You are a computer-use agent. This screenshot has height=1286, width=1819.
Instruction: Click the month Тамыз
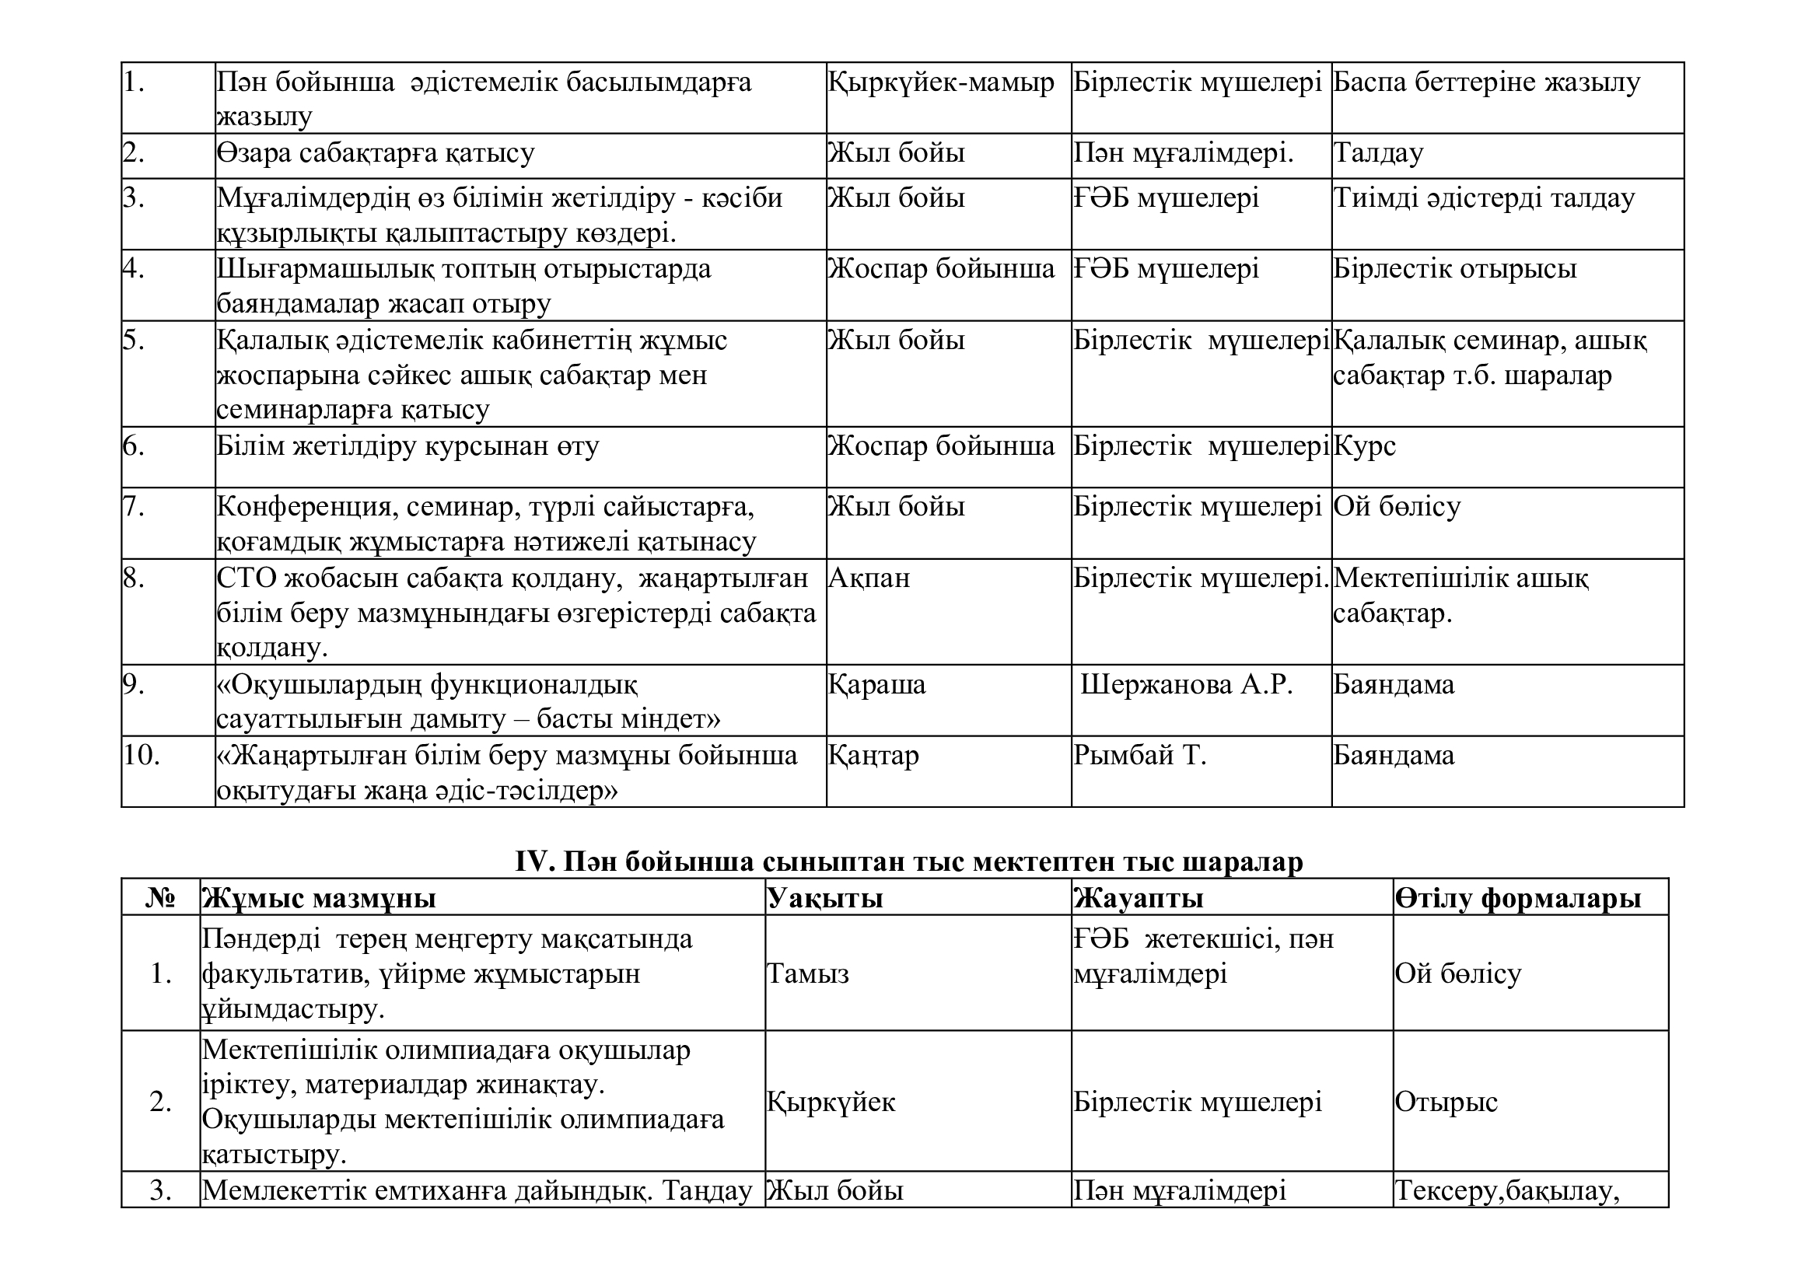pos(807,973)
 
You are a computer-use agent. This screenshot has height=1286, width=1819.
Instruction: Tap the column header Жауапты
pos(1139,899)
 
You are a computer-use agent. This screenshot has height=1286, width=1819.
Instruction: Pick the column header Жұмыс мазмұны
pos(319,899)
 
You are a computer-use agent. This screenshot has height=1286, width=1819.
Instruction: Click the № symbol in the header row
pos(161,899)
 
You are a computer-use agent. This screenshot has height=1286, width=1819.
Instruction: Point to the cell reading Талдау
pos(1379,153)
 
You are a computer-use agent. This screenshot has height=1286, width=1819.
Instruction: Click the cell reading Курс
pos(1364,446)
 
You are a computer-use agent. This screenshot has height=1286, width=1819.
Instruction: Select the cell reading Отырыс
pos(1446,1102)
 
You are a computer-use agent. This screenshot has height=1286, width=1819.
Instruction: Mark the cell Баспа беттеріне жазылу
pos(1486,82)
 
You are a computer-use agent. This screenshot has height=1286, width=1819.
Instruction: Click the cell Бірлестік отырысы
pos(1454,269)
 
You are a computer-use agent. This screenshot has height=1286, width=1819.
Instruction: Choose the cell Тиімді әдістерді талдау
pos(1484,198)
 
